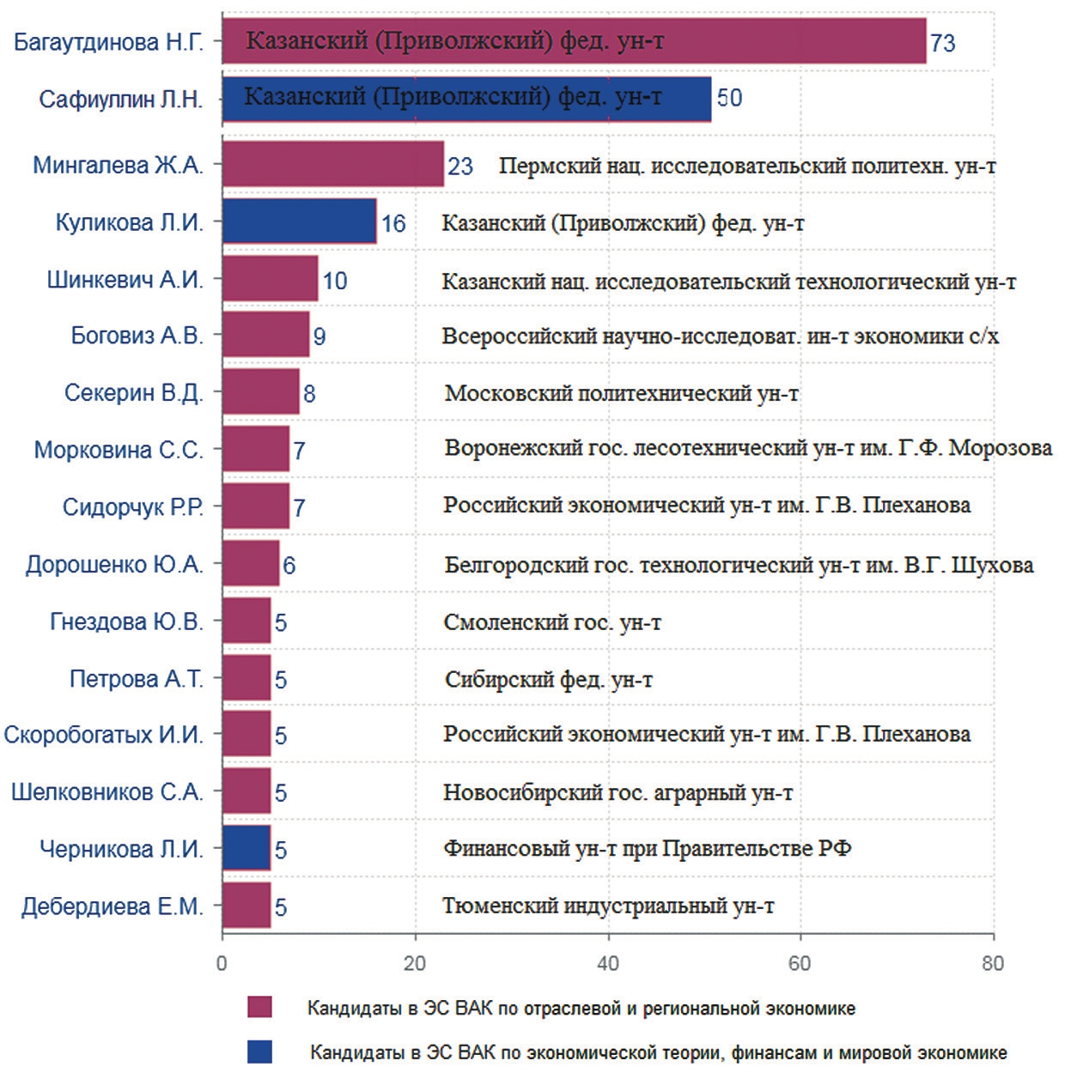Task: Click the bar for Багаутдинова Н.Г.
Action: pos(574,41)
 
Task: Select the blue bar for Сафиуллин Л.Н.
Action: pos(466,99)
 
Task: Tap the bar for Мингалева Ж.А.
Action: pos(333,164)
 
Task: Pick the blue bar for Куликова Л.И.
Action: pos(299,221)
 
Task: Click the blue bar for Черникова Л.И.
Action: pos(246,848)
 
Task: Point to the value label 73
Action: pos(942,43)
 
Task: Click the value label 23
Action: pos(460,166)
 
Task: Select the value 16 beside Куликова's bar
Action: pos(393,223)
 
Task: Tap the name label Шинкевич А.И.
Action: pos(125,280)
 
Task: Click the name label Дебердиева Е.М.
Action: pos(113,906)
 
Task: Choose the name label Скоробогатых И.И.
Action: pos(104,735)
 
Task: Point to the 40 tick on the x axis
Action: pos(607,963)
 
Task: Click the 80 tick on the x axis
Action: pos(993,963)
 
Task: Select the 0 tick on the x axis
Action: pos(222,963)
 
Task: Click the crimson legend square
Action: pos(259,1008)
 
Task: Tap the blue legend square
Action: pos(259,1052)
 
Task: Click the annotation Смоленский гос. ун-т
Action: pos(552,622)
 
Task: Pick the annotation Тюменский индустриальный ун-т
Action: pos(608,906)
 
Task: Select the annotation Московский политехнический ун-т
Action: pos(622,394)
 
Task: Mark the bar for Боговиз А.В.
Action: pos(265,335)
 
